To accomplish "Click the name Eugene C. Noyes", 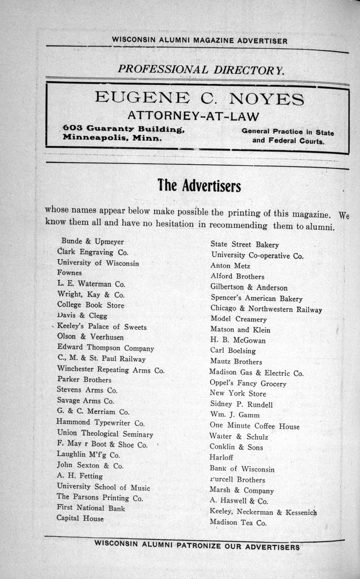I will (199, 99).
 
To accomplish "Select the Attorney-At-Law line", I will (193, 115).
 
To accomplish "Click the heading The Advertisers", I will (199, 185).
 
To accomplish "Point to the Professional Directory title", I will (201, 69).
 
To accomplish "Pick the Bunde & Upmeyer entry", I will (92, 242).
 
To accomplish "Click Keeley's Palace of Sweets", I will (102, 327).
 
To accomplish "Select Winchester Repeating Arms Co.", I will (111, 370).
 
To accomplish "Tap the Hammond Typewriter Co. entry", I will (101, 423).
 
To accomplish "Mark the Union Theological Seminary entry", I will (105, 434).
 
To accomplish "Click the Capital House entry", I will (80, 518).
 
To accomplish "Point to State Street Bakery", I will (244, 245).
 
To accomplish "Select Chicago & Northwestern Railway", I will (266, 309).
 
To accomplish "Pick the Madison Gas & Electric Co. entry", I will (256, 373).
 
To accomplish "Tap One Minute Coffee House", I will (255, 426).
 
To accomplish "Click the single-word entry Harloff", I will (222, 458).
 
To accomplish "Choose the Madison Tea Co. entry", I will (238, 523).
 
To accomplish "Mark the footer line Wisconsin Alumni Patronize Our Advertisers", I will (197, 546).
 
